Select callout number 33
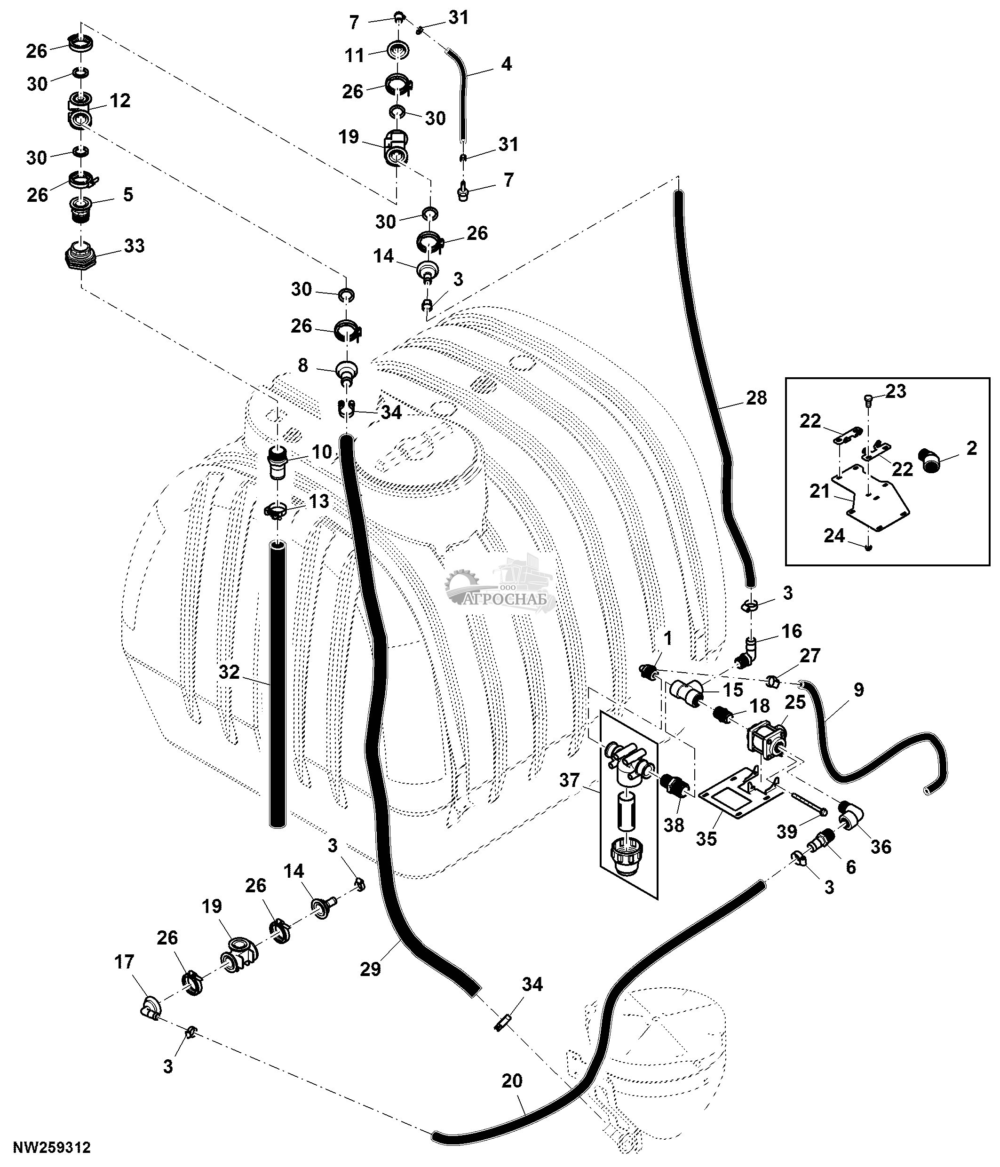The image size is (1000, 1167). (134, 246)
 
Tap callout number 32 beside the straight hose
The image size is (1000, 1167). (229, 671)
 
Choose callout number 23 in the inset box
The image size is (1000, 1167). (895, 391)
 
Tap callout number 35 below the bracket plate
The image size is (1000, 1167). (706, 838)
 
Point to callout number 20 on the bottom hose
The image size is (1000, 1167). (512, 1081)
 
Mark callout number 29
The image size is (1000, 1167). (371, 969)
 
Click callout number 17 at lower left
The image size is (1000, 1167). (124, 961)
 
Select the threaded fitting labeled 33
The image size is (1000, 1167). (79, 257)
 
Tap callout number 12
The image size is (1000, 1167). (120, 100)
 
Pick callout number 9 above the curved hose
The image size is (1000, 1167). (858, 690)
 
